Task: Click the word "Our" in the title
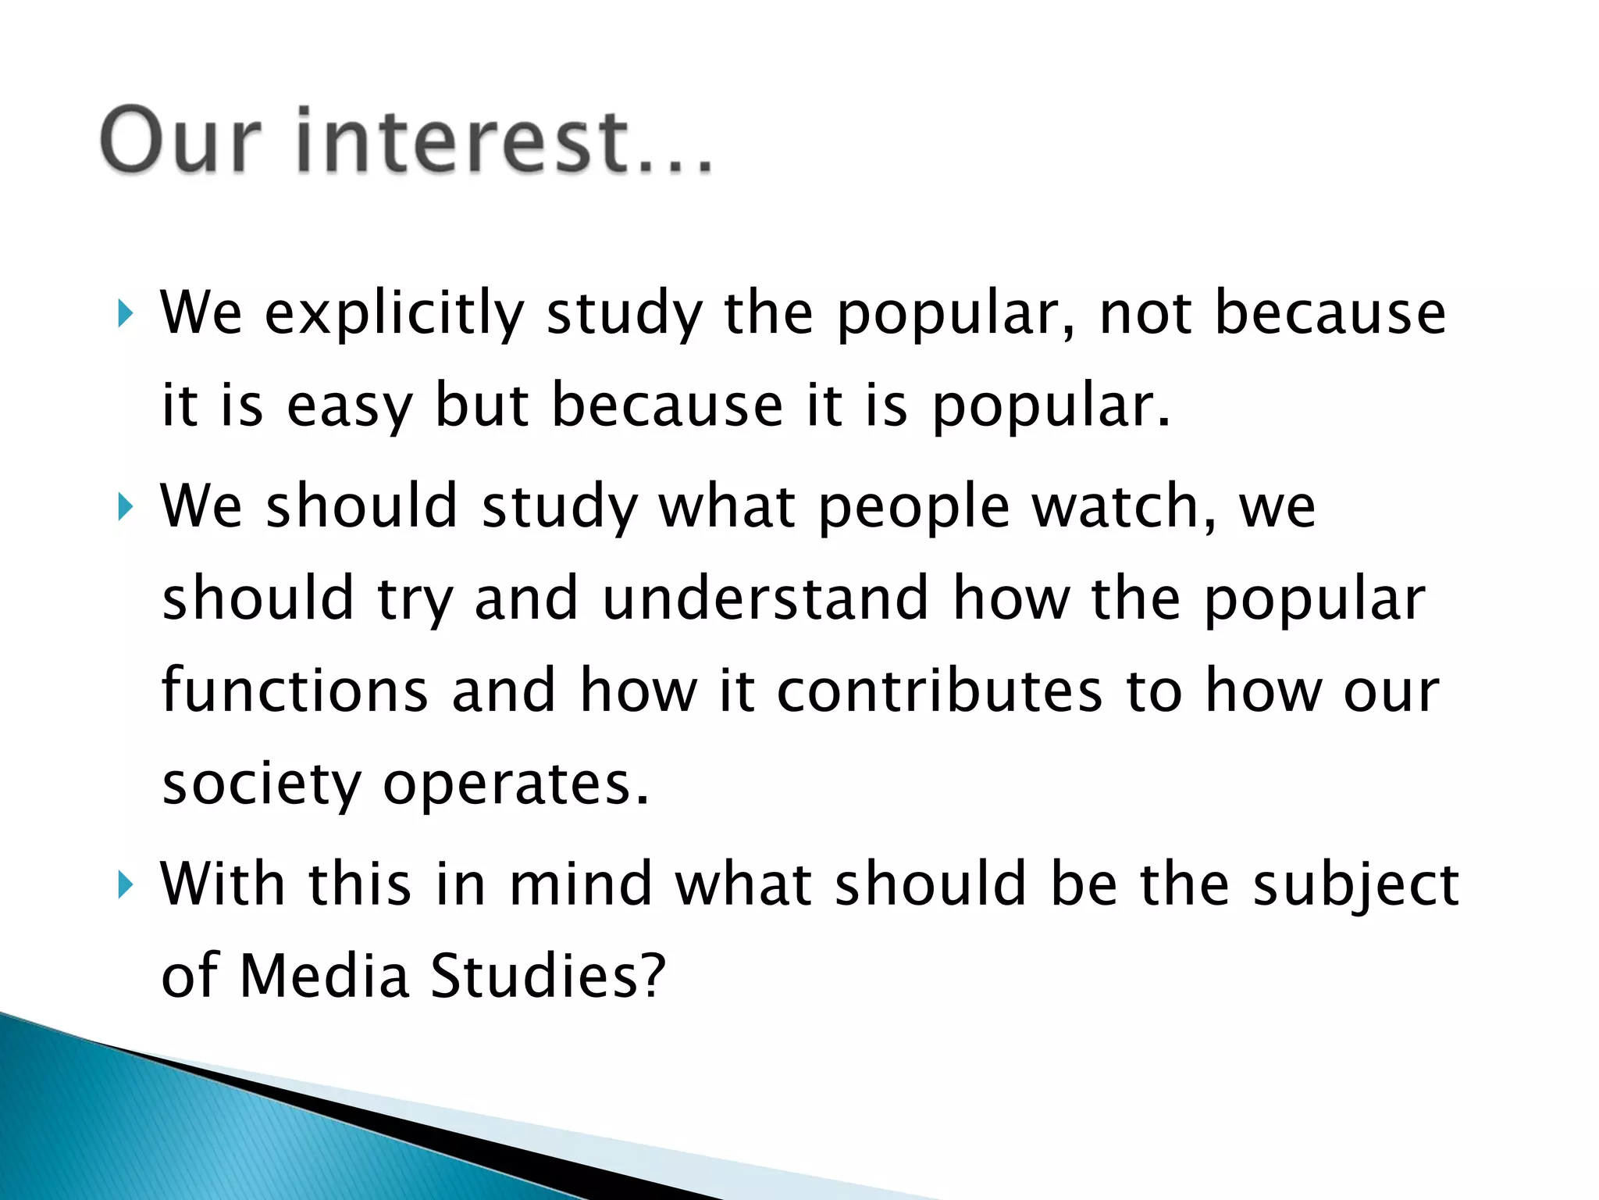coord(180,141)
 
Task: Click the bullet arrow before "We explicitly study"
coord(126,314)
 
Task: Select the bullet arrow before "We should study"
coord(126,507)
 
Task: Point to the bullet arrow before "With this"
coord(126,885)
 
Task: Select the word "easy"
coord(349,406)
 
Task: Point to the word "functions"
coord(295,691)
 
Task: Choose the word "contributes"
coord(940,691)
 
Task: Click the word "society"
coord(262,784)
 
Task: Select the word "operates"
coord(516,784)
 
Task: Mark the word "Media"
coord(324,977)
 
